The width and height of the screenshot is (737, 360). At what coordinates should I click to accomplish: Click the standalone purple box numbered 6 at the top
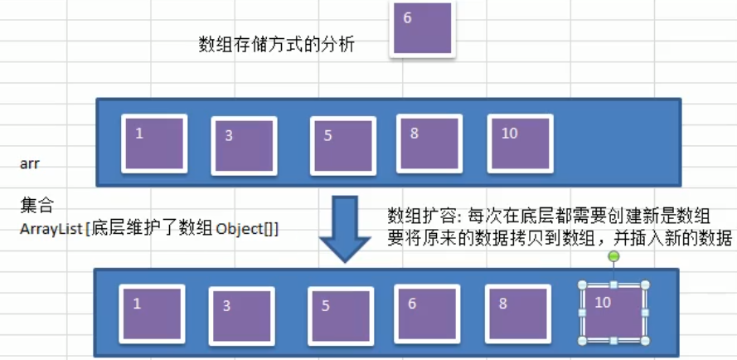(423, 29)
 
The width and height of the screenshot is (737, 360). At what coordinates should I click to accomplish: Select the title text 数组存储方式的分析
(277, 44)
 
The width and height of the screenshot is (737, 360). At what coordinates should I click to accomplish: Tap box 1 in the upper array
(154, 143)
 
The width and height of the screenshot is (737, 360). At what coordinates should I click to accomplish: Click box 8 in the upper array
(429, 143)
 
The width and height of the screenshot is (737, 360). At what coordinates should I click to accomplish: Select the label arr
(30, 163)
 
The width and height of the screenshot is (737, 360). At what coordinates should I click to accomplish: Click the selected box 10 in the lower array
(613, 313)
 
